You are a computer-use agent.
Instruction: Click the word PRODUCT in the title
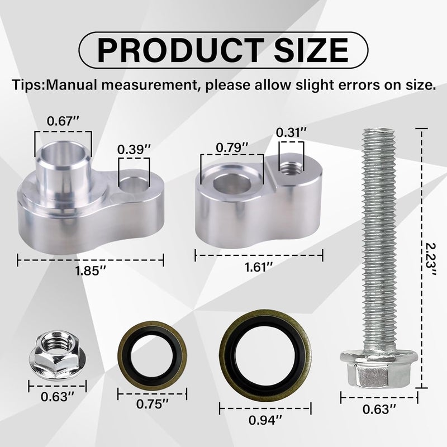click(x=180, y=50)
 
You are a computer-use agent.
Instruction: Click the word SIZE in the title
click(x=311, y=50)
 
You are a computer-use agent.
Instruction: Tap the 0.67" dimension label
click(x=63, y=121)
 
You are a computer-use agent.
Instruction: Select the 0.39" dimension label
click(x=134, y=149)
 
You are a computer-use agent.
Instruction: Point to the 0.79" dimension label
click(x=232, y=148)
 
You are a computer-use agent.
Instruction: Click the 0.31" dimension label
click(x=292, y=132)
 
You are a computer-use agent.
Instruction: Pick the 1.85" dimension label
click(x=91, y=271)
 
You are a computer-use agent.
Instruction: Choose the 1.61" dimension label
click(x=259, y=267)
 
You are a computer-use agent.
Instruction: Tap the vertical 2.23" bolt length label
click(x=430, y=259)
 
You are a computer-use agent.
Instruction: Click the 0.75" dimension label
click(x=153, y=404)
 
